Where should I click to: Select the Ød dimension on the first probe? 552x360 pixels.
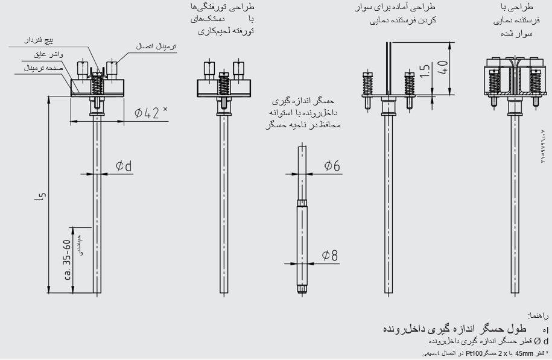click(124, 165)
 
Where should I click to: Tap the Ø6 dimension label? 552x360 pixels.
click(331, 165)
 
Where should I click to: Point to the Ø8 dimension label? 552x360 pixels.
click(329, 256)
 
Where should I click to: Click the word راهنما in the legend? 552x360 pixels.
click(538, 315)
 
